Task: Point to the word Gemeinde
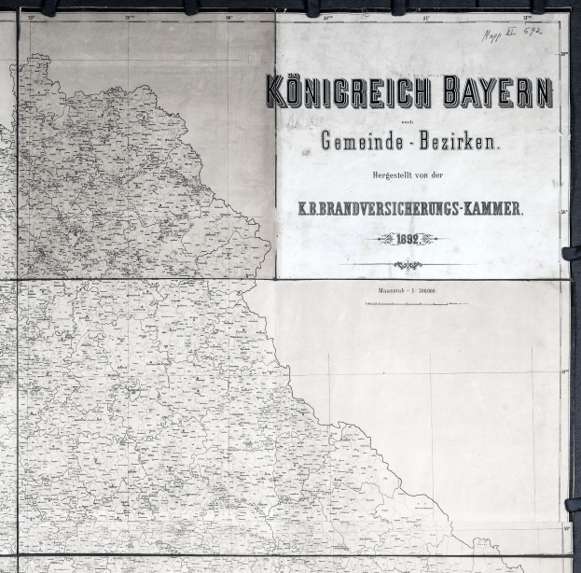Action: point(359,143)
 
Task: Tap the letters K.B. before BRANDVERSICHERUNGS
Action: point(309,209)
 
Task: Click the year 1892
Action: point(408,239)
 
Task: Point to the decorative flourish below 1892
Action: point(408,265)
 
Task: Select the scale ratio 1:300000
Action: point(427,292)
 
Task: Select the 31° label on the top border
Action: point(427,17)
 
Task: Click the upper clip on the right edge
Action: point(572,253)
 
